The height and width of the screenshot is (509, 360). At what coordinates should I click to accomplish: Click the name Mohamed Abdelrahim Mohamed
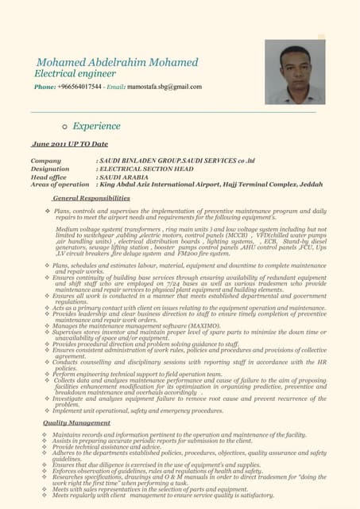coord(117,62)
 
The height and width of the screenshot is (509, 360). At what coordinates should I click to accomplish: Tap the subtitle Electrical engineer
coord(75,74)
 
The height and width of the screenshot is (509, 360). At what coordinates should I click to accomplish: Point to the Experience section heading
coord(96,126)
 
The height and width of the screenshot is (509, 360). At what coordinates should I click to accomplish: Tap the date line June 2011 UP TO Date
coord(69,144)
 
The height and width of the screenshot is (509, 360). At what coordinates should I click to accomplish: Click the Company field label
coord(46,161)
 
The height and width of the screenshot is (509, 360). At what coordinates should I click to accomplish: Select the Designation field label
coord(50,169)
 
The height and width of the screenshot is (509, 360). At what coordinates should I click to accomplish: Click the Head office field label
coord(48,177)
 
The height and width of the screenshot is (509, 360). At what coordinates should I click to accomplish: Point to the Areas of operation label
coord(60,185)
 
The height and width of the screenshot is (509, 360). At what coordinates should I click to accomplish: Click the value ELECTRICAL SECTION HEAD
coord(145,169)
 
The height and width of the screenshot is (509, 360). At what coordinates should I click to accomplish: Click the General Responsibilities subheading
coord(91,197)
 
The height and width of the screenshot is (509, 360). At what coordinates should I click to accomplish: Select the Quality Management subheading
coord(76,423)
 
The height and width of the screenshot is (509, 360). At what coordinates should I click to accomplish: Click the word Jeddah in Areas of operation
coord(312,185)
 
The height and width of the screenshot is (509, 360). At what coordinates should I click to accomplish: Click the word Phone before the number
coord(44,87)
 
